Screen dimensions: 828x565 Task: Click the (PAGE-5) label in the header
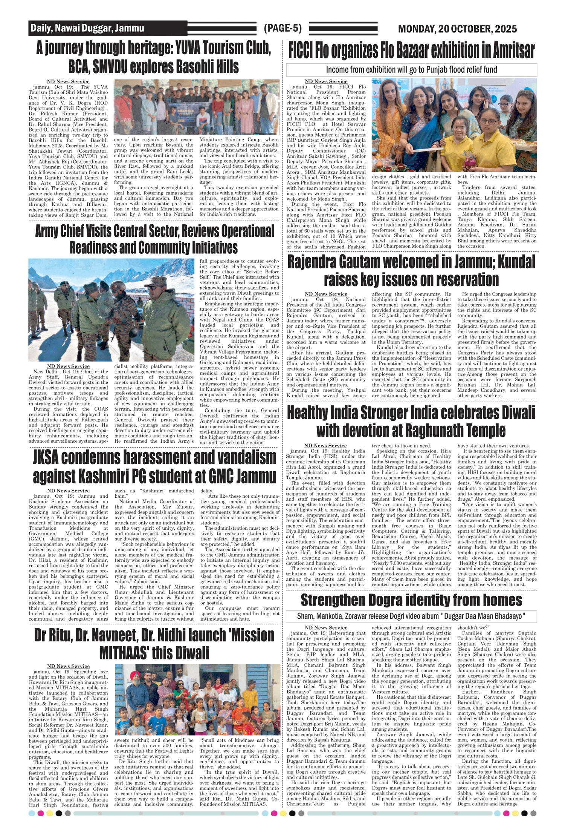[x=282, y=28]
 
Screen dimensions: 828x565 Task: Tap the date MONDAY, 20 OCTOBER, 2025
[x=457, y=29]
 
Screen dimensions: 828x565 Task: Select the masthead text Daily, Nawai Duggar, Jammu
[x=87, y=28]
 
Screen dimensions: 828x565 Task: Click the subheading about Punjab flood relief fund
[x=411, y=70]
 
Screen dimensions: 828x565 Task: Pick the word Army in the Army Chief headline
[x=48, y=231]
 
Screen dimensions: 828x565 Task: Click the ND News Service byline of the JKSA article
[x=68, y=491]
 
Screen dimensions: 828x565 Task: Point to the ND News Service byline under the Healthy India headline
[x=325, y=446]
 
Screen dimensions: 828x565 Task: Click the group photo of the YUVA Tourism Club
[x=197, y=107]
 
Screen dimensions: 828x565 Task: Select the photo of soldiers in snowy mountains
[x=111, y=310]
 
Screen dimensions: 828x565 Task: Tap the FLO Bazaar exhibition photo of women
[x=454, y=125]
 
